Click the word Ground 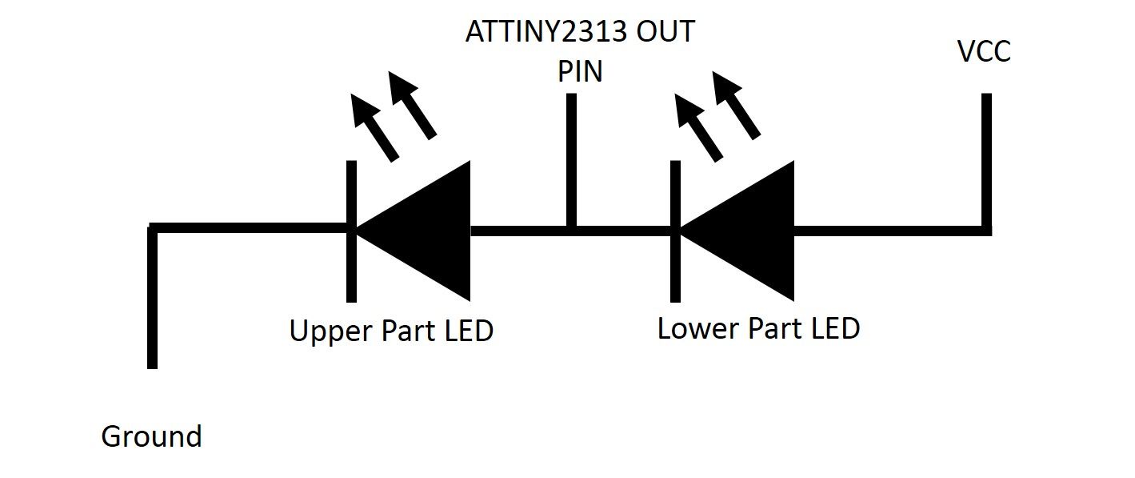[x=151, y=437]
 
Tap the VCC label [x=984, y=52]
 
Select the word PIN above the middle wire [x=580, y=72]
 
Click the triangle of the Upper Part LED [x=424, y=231]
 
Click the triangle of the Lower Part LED [x=748, y=231]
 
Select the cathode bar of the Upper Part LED [x=350, y=264]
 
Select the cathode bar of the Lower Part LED [x=675, y=264]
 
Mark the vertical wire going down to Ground [x=152, y=304]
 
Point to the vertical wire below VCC [x=985, y=160]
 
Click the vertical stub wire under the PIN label [x=570, y=160]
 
